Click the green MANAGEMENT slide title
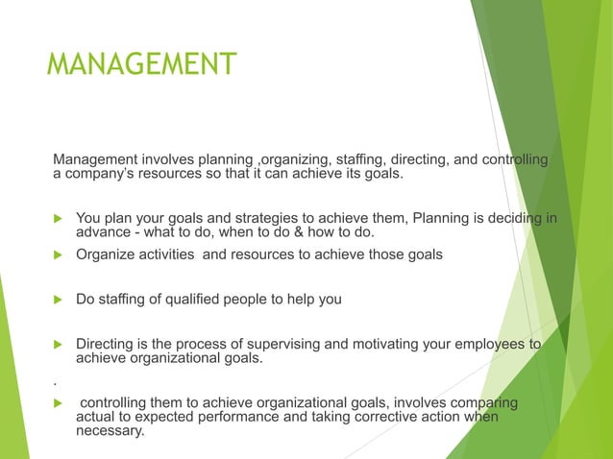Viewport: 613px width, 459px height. [x=140, y=64]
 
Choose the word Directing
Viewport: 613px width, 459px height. [x=108, y=344]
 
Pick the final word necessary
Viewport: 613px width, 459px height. [x=110, y=431]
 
